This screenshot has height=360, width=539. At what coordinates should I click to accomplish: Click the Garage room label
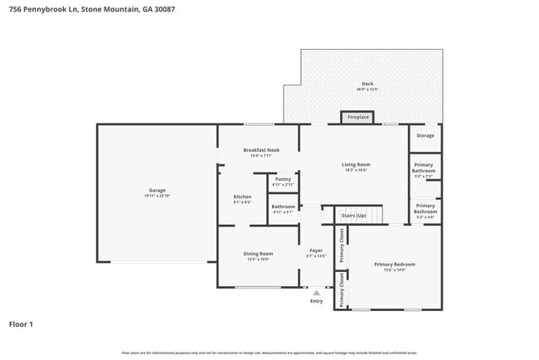coord(157,191)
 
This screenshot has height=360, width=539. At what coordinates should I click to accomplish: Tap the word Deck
coord(367,83)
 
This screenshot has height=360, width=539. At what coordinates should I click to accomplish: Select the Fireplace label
coord(358,118)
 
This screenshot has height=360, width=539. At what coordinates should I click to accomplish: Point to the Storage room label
coord(425,135)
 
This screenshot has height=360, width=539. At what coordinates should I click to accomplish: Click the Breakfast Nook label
coord(261,150)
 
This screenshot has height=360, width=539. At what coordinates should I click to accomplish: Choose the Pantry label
coord(283,179)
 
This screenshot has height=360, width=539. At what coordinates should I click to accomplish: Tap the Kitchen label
coord(242,197)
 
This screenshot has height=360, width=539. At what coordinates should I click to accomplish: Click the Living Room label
coord(356,164)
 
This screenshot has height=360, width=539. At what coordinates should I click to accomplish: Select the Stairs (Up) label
coord(354,216)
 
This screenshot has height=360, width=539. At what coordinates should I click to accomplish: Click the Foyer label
coord(316,251)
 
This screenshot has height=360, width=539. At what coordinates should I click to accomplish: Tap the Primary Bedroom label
coord(394,265)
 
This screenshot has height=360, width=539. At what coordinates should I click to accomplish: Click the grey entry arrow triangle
coord(316,292)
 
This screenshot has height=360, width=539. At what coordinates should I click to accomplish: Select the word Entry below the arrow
coord(316,301)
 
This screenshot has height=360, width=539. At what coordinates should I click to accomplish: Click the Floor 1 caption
coord(21,324)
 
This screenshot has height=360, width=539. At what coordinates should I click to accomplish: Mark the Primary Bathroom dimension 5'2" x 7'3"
coord(425,177)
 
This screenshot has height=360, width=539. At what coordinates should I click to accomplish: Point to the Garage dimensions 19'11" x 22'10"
coord(157,196)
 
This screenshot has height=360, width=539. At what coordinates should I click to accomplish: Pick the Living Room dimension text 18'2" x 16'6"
coord(356,169)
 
